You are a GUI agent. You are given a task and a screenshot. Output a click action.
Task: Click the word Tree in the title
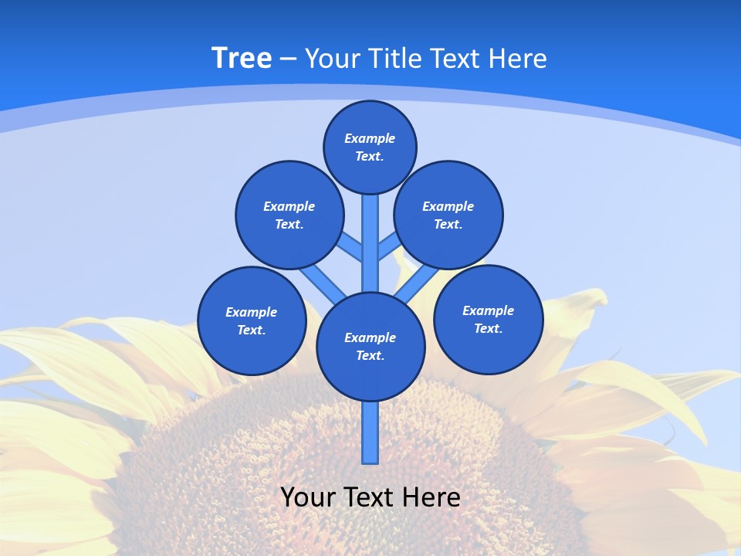[x=242, y=59]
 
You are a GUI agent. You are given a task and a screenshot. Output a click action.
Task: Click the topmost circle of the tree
[x=370, y=147]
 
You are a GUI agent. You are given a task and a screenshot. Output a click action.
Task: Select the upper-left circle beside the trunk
[x=289, y=215]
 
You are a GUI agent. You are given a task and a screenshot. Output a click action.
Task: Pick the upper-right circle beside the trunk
[x=448, y=215]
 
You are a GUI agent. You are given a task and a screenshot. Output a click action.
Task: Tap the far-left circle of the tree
[x=252, y=320]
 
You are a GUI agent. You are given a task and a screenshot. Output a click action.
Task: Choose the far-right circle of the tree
[x=488, y=319]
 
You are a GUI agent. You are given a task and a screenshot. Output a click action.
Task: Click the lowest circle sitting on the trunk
[x=370, y=346]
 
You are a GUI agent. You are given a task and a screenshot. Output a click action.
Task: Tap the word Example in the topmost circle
[x=370, y=138]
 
